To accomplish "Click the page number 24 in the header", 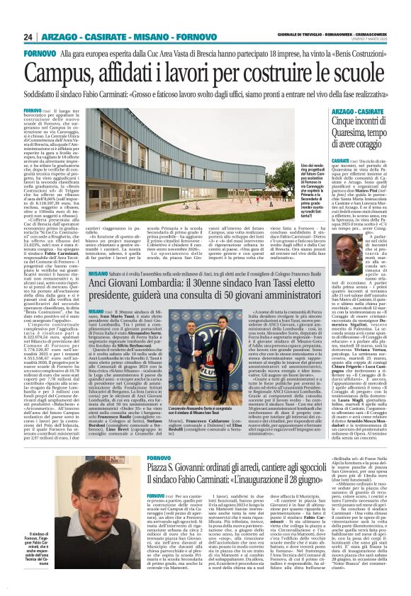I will pos(28,36).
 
